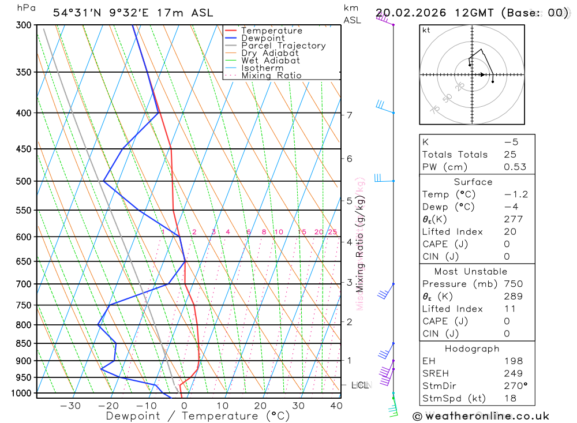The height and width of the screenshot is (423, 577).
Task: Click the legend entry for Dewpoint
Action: click(x=263, y=38)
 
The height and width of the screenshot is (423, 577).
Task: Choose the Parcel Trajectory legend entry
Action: click(x=283, y=46)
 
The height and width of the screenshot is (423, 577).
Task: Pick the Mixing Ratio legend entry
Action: click(x=271, y=76)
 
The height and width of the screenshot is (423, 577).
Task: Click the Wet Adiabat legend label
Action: click(x=270, y=61)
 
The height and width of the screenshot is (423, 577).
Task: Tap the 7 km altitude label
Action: click(x=350, y=115)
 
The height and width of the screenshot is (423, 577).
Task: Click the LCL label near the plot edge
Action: click(x=359, y=385)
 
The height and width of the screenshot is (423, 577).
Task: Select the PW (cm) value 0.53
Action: click(x=515, y=167)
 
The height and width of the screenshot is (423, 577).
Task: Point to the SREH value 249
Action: click(x=513, y=373)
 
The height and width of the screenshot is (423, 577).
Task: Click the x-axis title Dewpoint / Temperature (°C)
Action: click(x=197, y=415)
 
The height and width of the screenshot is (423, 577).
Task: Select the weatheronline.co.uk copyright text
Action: click(x=481, y=416)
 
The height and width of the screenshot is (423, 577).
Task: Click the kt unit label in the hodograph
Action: click(x=426, y=30)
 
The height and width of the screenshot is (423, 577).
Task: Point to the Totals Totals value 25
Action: click(x=510, y=155)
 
